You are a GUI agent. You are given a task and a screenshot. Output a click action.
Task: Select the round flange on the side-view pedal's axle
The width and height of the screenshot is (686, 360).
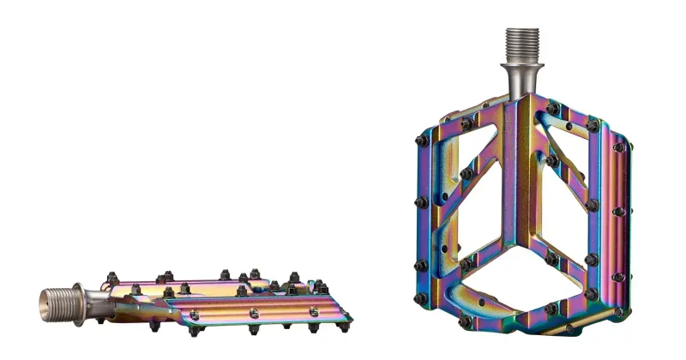point(78,299)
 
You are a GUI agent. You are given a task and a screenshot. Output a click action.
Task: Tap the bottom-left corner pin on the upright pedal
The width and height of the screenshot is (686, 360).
point(420,299)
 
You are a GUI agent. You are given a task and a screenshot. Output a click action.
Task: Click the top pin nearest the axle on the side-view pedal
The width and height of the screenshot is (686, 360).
point(111,278)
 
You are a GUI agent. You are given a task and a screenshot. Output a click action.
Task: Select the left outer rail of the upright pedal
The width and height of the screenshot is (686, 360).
point(431,219)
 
